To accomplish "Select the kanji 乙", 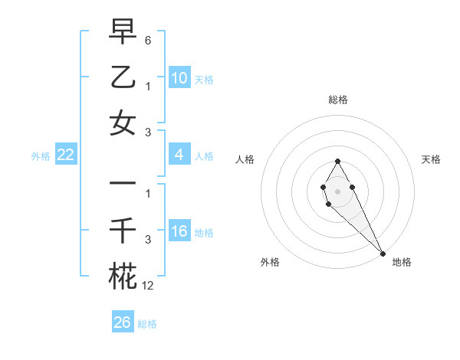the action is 123,77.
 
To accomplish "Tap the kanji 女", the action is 123,123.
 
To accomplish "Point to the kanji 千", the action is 123,230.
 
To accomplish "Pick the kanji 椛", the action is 123,276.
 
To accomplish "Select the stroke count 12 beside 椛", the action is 147,286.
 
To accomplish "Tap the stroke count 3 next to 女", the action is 148,133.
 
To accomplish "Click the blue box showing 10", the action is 179,78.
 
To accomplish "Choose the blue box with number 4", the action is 179,155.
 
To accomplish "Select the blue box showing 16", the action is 179,232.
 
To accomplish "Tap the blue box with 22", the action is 66,155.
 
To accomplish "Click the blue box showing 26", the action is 123,322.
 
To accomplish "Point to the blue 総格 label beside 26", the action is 147,324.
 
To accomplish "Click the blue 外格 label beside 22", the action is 41,156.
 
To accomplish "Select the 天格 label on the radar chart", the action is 431,159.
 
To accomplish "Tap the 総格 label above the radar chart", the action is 338,100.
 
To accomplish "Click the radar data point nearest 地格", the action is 383,253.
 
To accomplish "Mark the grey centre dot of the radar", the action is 337,190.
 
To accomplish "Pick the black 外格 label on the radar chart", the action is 270,262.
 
